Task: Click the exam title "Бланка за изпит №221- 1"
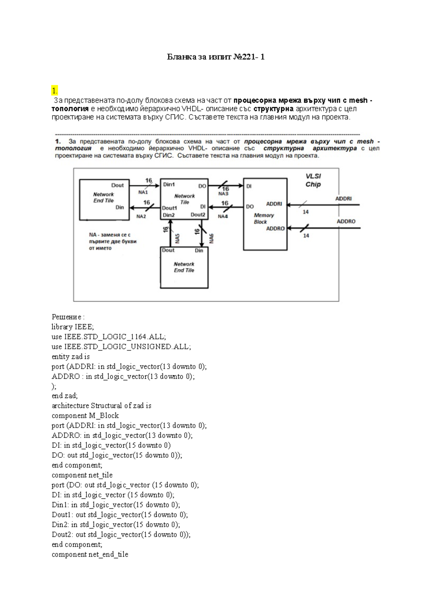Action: (216, 57)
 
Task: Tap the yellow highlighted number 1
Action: (54, 90)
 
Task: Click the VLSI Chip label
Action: (313, 180)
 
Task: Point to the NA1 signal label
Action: (143, 192)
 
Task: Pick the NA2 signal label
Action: (141, 217)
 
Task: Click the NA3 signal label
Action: (223, 194)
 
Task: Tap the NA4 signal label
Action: (223, 217)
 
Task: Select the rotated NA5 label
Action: (177, 238)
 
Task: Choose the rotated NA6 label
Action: (212, 238)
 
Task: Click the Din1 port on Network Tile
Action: (169, 185)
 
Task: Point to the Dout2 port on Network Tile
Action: (198, 215)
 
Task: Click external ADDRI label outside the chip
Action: (343, 199)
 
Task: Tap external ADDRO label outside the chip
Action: (346, 222)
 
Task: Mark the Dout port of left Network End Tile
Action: (117, 185)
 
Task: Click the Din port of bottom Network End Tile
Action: (199, 250)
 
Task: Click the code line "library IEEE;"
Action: (73, 327)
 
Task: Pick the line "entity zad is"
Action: (71, 357)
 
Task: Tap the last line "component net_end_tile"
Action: (90, 554)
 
